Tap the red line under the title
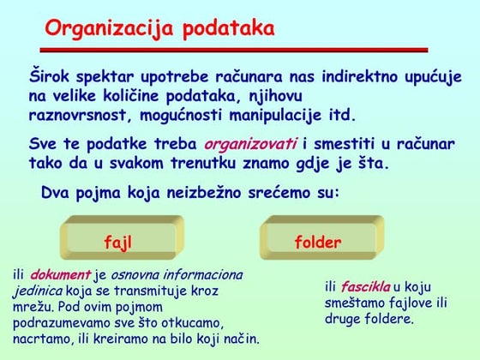coord(235,49)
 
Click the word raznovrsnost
coord(75,115)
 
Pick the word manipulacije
coord(274,115)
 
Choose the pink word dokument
coord(61,275)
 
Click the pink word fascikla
coord(365,286)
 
